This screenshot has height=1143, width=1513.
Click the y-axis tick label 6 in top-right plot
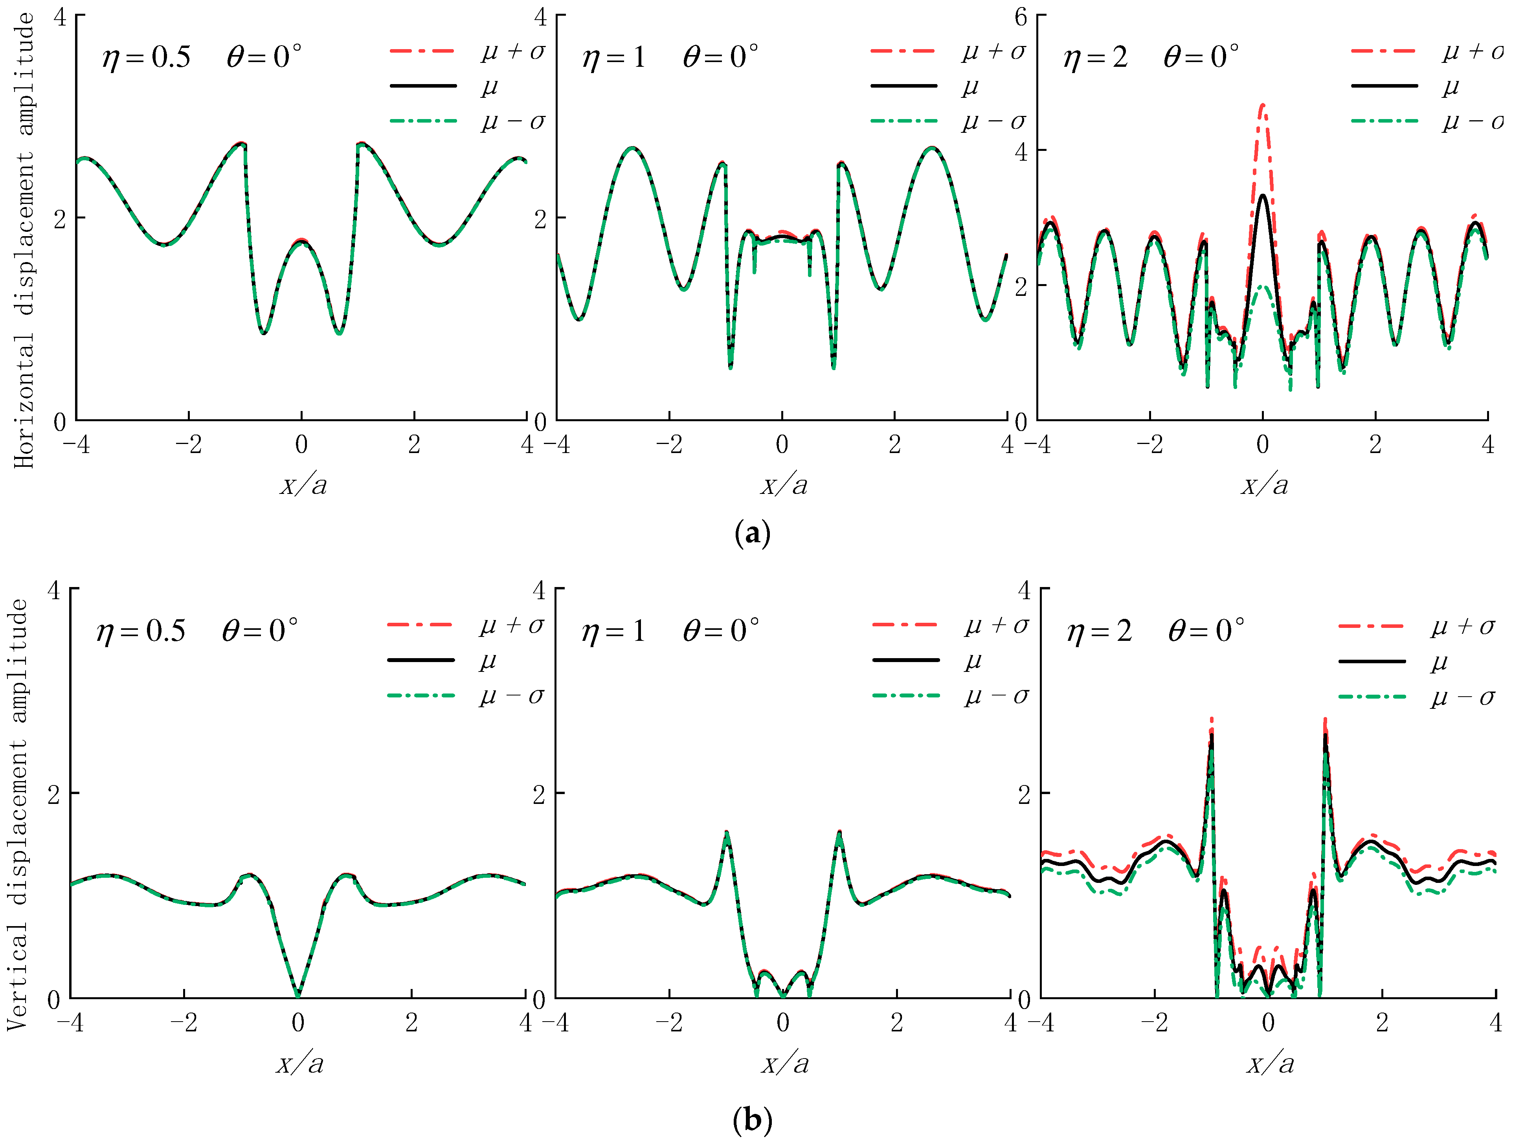pos(1021,17)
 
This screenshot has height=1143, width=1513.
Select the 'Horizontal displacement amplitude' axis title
pos(25,239)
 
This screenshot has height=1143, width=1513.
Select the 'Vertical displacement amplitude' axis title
pos(18,814)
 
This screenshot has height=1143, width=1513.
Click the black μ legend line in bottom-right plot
pos(1372,661)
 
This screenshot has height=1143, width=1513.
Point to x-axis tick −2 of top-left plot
pos(188,445)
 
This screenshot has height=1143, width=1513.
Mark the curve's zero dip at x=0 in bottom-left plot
pos(297,995)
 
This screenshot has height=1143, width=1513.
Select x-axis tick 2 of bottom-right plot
pos(1382,1023)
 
